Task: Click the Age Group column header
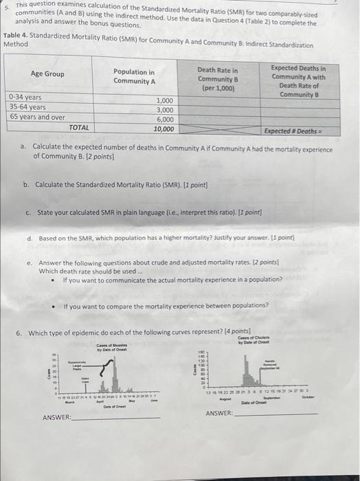47,74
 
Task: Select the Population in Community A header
134,76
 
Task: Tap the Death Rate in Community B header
217,79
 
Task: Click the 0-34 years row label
25,98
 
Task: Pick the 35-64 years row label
27,107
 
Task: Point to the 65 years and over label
37,117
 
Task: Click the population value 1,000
164,100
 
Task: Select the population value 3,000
164,110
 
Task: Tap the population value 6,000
164,119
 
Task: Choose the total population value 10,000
163,128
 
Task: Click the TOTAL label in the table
78,127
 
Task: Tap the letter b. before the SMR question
26,185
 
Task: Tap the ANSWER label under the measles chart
56,418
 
